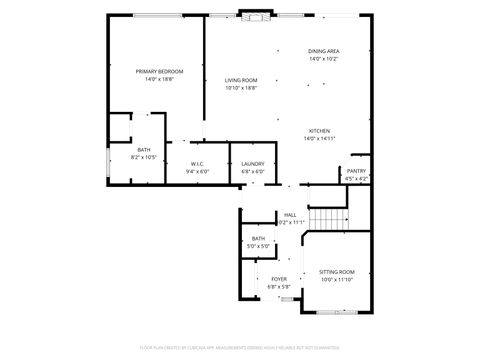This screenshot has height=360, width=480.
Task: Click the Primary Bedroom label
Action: [159, 72]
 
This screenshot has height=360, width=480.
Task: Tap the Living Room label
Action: [240, 80]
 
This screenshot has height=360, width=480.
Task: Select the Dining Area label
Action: [323, 51]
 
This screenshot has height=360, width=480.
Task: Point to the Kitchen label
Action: [320, 131]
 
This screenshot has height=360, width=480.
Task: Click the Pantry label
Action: [356, 171]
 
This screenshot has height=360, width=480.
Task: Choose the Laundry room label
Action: [252, 163]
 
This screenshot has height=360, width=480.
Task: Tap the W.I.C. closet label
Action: [197, 163]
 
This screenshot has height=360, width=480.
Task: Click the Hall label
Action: [290, 214]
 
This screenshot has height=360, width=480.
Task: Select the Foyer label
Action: [279, 279]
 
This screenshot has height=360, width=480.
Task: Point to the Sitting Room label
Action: [337, 272]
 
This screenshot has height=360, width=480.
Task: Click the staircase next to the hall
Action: [326, 219]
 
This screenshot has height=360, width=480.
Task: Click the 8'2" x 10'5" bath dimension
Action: [143, 157]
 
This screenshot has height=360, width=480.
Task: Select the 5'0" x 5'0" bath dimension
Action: [258, 246]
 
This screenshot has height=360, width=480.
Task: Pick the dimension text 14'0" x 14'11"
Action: [320, 139]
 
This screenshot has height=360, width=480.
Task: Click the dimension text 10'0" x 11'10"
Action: [337, 280]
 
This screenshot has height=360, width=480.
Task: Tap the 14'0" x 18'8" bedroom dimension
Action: [159, 80]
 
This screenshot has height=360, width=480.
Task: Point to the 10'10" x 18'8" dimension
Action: [240, 88]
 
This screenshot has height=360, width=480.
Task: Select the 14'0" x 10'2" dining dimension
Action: [323, 59]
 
